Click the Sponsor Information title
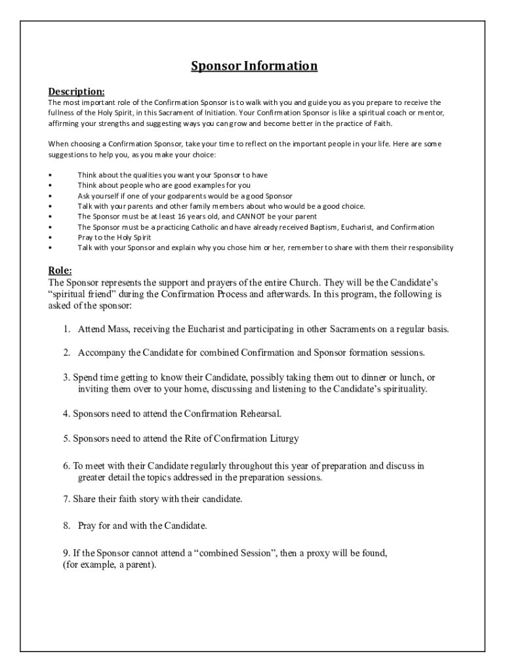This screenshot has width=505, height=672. click(254, 66)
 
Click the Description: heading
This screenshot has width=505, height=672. click(76, 91)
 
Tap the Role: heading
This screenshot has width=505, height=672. click(60, 270)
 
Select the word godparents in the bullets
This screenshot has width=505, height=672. click(171, 196)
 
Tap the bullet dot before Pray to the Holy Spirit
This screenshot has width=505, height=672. click(51, 237)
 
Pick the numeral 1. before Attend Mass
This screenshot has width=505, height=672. click(68, 329)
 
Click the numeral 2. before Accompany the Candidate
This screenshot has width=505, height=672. click(68, 352)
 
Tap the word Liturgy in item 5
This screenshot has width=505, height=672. click(285, 438)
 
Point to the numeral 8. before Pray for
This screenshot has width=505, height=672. click(68, 526)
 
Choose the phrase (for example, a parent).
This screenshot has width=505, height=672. click(105, 564)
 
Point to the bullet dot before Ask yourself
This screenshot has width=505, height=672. click(51, 196)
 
